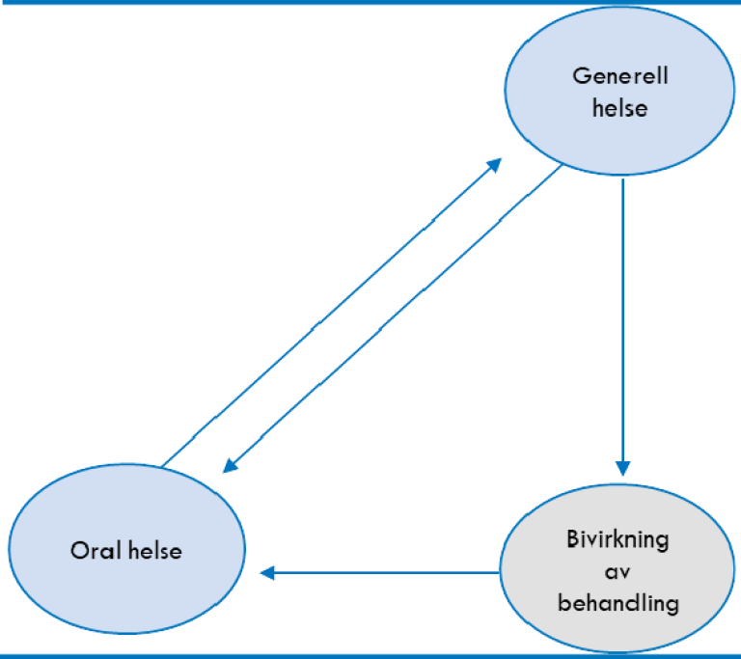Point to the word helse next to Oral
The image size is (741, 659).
tap(154, 551)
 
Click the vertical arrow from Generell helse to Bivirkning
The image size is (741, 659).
tap(623, 318)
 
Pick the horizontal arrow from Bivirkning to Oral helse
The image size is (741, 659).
tap(386, 573)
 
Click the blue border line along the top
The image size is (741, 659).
tap(370, 3)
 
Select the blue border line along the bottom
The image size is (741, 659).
tap(370, 655)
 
